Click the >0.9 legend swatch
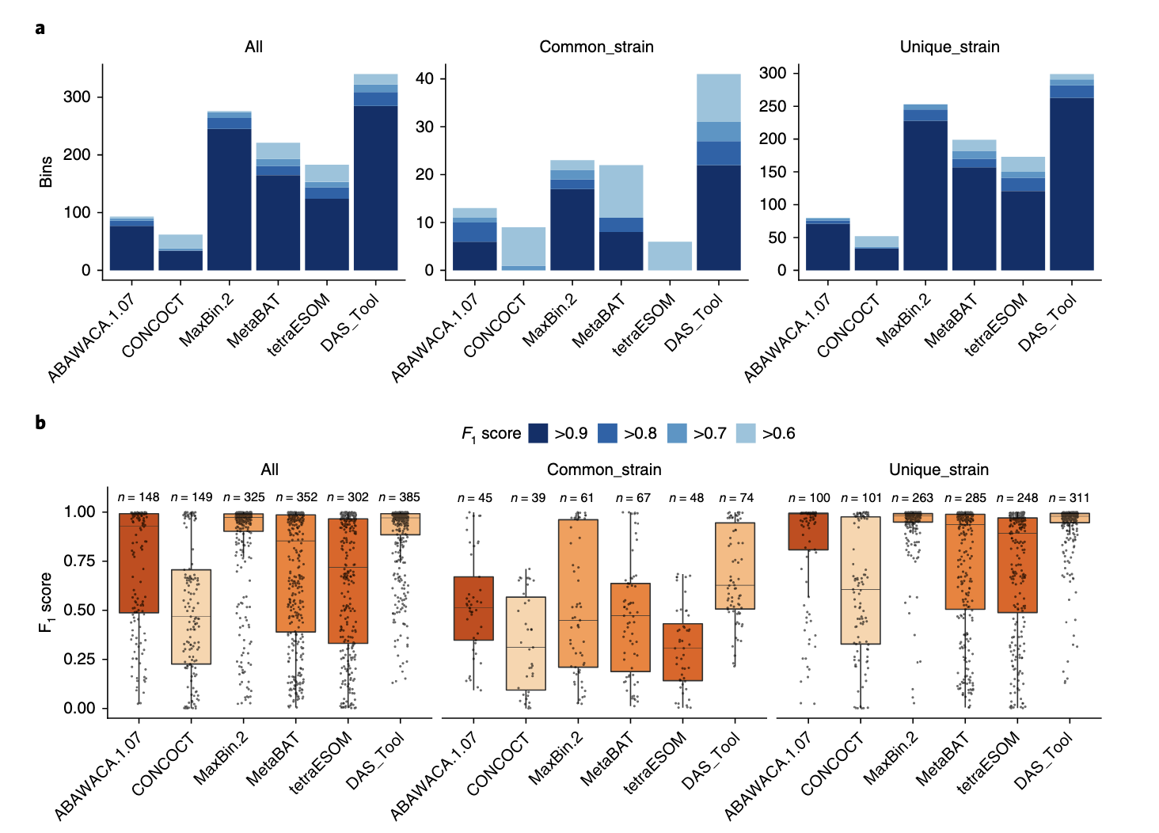coord(538,433)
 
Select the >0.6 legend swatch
coord(746,433)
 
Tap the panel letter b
coord(40,422)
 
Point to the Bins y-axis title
coord(46,171)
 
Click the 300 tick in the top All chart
coord(77,97)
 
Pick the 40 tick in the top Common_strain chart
coord(424,78)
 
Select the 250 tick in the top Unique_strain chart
coord(773,106)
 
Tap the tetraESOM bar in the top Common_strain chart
coord(670,256)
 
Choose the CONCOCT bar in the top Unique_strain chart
coord(876,253)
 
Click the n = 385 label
coord(399,497)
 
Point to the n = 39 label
coord(528,498)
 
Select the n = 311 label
coord(1069,498)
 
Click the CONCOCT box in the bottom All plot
coord(191,617)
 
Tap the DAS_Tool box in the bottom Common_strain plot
coord(735,565)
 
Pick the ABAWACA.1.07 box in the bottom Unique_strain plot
coord(808,531)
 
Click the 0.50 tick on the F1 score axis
coord(79,610)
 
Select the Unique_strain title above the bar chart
coord(949,47)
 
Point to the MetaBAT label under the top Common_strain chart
coord(598,321)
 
